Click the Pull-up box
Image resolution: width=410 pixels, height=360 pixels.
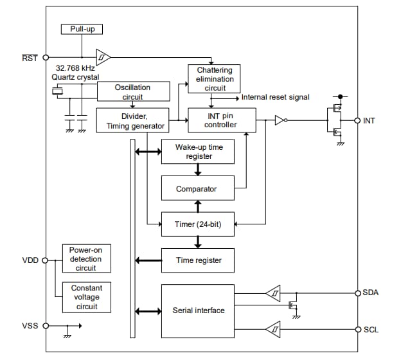click(x=82, y=29)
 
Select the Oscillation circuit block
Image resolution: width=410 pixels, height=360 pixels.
click(x=133, y=91)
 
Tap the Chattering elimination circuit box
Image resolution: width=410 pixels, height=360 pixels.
click(x=214, y=79)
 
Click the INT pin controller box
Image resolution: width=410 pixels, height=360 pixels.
click(x=221, y=120)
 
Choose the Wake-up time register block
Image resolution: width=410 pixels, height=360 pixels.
click(x=198, y=152)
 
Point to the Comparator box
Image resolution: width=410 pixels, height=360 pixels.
click(x=197, y=189)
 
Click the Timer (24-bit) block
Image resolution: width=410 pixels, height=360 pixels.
click(x=197, y=224)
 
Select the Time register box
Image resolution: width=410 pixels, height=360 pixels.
click(x=198, y=260)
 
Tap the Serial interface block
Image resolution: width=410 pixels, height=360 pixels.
click(x=198, y=310)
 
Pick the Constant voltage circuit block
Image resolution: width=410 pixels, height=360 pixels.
click(x=87, y=297)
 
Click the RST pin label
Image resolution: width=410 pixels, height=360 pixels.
click(x=30, y=57)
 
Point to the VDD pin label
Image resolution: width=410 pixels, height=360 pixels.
click(x=30, y=260)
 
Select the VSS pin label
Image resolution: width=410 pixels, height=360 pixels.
click(x=30, y=326)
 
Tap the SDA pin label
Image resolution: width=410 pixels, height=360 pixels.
click(x=371, y=292)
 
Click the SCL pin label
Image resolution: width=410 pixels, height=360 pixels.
click(x=371, y=330)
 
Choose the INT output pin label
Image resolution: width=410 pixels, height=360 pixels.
click(x=370, y=121)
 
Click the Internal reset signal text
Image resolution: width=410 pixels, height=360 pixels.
click(x=275, y=98)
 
